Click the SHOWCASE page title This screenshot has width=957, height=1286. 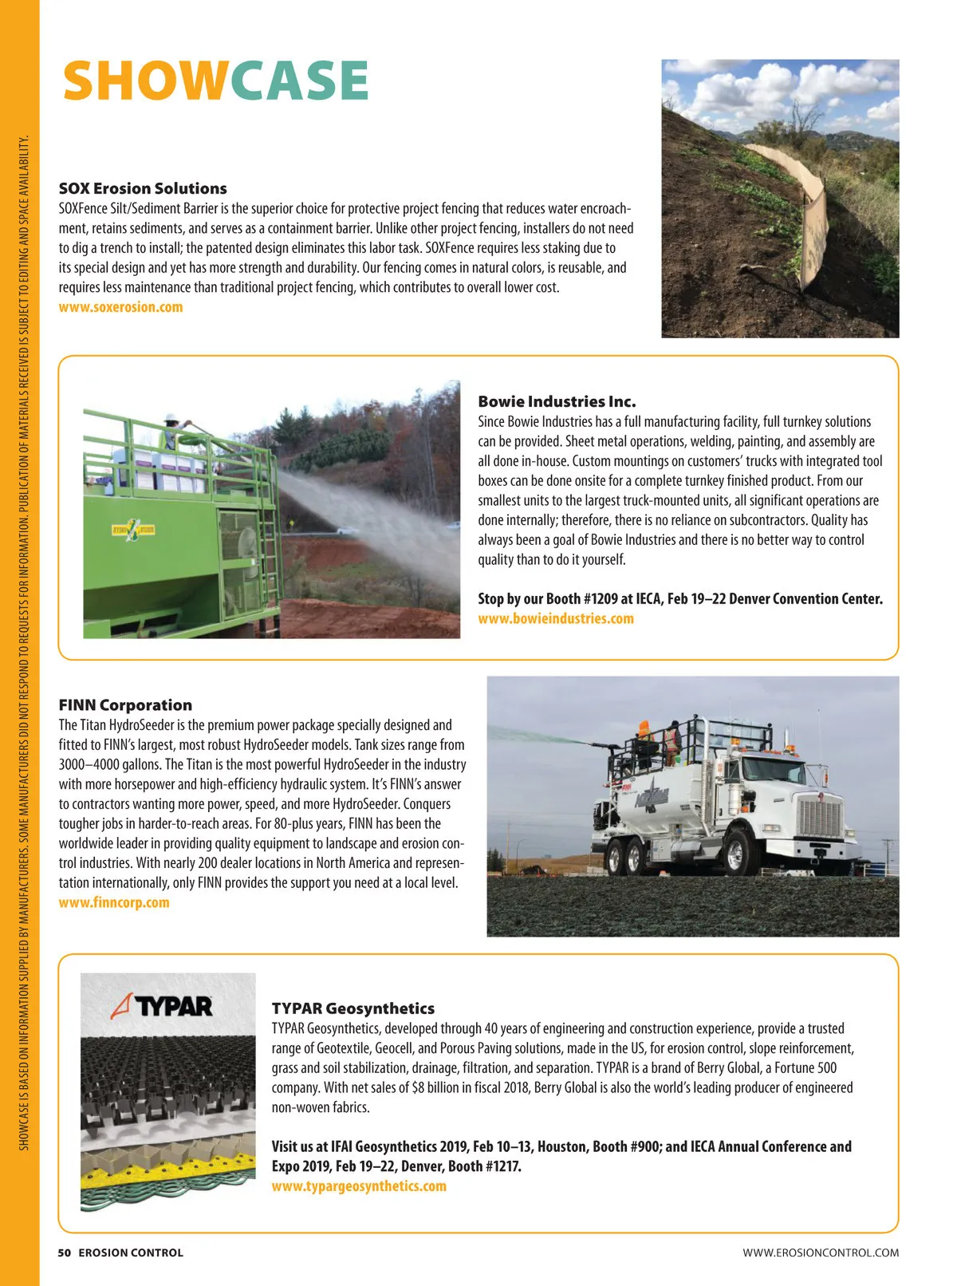[x=215, y=81]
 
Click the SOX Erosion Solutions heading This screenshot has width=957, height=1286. [x=143, y=189]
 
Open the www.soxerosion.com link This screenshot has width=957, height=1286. [x=120, y=307]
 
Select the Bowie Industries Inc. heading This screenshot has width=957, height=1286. [x=557, y=401]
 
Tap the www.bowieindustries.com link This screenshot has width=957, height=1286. [x=556, y=618]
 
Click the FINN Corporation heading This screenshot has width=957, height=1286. [x=125, y=705]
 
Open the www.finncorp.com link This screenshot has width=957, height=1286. [x=114, y=902]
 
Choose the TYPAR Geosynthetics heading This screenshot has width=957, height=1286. [x=353, y=1008]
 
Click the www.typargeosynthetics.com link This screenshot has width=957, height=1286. [x=359, y=1186]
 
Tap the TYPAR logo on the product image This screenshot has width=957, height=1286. [x=163, y=1006]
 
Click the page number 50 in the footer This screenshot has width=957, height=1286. [x=64, y=1252]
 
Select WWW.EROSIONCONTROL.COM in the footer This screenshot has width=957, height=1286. [x=821, y=1252]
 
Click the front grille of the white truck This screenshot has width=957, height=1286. [x=820, y=818]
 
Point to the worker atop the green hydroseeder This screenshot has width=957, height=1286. [x=170, y=431]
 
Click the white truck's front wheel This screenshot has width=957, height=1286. [x=736, y=854]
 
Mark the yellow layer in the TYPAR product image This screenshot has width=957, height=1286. [x=159, y=1178]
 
